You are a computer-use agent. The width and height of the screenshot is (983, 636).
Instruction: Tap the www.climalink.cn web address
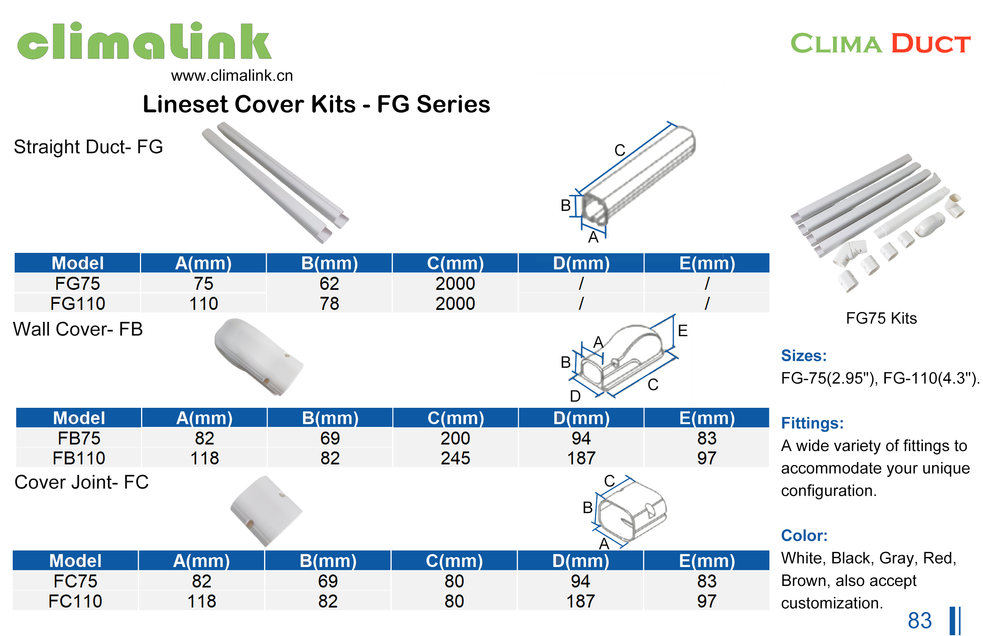pos(232,76)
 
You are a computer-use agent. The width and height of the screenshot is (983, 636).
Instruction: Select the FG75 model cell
pos(77,283)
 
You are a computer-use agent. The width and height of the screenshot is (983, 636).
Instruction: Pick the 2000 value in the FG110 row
pos(455,304)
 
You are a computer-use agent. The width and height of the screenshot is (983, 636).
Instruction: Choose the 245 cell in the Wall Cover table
pos(455,458)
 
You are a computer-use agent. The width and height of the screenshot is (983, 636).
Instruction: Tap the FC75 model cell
pos(75,581)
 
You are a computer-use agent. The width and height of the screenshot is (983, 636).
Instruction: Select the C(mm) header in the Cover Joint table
pos(454,561)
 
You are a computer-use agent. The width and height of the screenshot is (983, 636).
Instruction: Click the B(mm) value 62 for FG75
pos(329,283)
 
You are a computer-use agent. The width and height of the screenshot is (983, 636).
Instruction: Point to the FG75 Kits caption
pos(881,318)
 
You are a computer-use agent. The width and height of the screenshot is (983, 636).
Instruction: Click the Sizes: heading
pos(803,355)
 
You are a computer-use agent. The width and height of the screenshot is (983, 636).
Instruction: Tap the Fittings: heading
pos(812,423)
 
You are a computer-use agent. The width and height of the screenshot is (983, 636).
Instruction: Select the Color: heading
pos(804,535)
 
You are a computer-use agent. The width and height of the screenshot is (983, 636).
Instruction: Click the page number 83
pos(919,620)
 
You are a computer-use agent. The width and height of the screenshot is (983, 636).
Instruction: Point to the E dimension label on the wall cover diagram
pos(682,330)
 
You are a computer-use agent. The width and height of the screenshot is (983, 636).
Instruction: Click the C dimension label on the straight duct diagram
pos(619,150)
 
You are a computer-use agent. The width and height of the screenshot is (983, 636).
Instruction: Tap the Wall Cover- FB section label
pos(77,329)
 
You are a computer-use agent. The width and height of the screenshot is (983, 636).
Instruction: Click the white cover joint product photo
pos(266,511)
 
